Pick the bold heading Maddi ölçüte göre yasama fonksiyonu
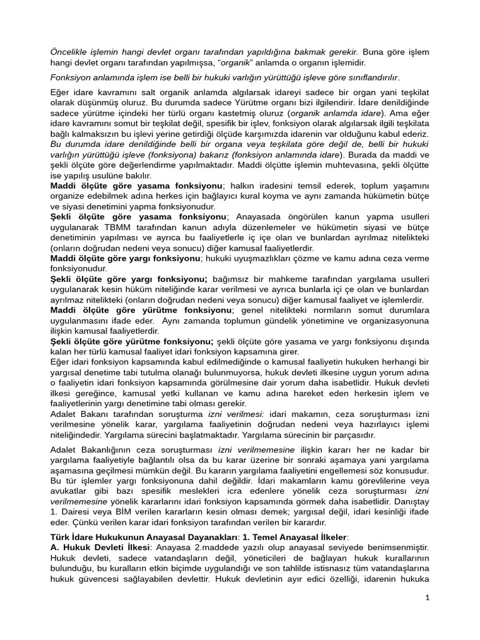[x=136, y=186]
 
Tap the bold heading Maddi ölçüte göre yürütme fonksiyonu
[x=141, y=310]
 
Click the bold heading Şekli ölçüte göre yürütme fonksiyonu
[x=132, y=341]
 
